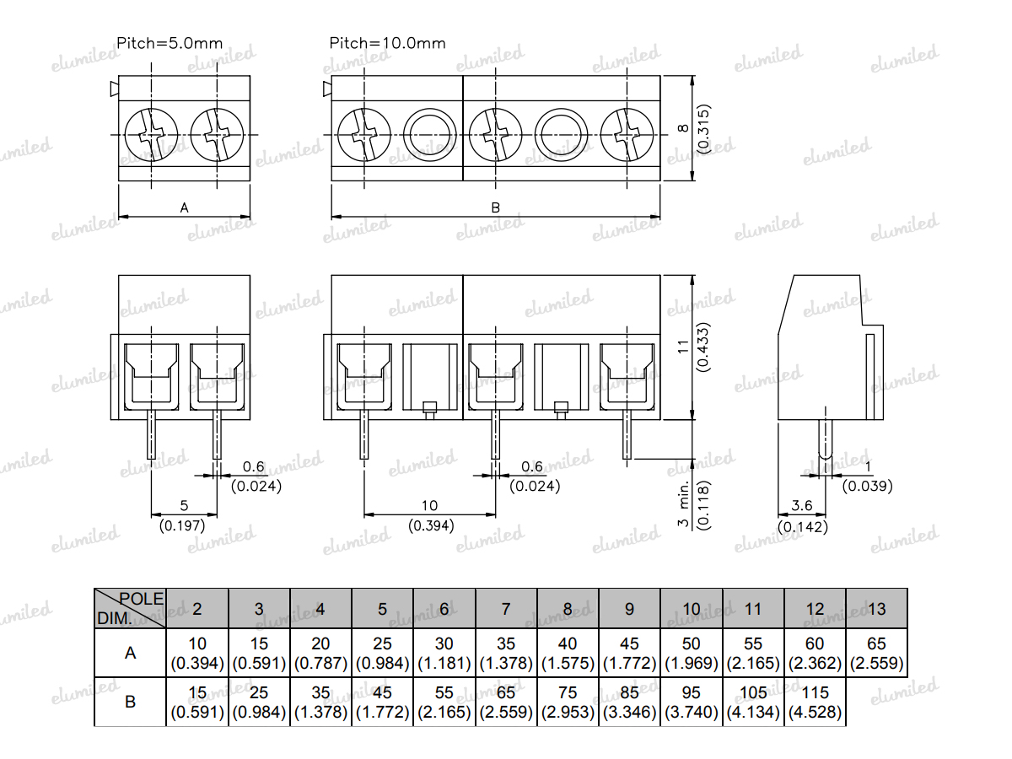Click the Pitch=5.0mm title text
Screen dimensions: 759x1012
[169, 43]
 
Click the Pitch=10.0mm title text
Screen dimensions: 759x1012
[387, 43]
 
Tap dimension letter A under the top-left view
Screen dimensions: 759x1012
[185, 207]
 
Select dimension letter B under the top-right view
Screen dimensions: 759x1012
[496, 207]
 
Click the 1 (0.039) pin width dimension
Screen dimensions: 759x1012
[868, 477]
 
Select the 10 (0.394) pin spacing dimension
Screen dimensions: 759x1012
[430, 515]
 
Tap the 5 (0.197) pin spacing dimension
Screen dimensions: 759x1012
[184, 515]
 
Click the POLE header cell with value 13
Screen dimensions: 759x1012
[877, 609]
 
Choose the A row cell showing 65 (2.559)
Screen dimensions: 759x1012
[877, 654]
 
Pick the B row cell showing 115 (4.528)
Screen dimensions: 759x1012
[816, 702]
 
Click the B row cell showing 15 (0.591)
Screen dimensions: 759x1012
[197, 702]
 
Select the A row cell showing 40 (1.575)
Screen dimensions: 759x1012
[568, 654]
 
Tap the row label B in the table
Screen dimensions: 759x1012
[130, 702]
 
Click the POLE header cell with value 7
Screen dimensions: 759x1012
[506, 609]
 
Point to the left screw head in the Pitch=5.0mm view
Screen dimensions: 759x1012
[152, 134]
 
